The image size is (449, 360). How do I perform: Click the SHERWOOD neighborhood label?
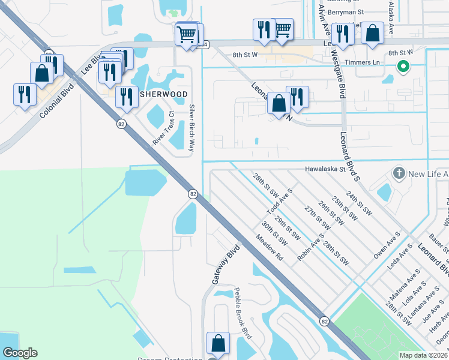164,95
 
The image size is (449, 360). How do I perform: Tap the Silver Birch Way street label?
193,128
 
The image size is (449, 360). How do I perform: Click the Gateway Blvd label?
225,265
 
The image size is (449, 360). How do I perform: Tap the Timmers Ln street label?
367,62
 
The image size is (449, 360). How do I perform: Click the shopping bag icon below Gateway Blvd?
218,343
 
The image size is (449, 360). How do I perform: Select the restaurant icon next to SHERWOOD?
125,97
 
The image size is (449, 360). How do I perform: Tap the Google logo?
20,353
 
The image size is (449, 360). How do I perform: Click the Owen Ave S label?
385,246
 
